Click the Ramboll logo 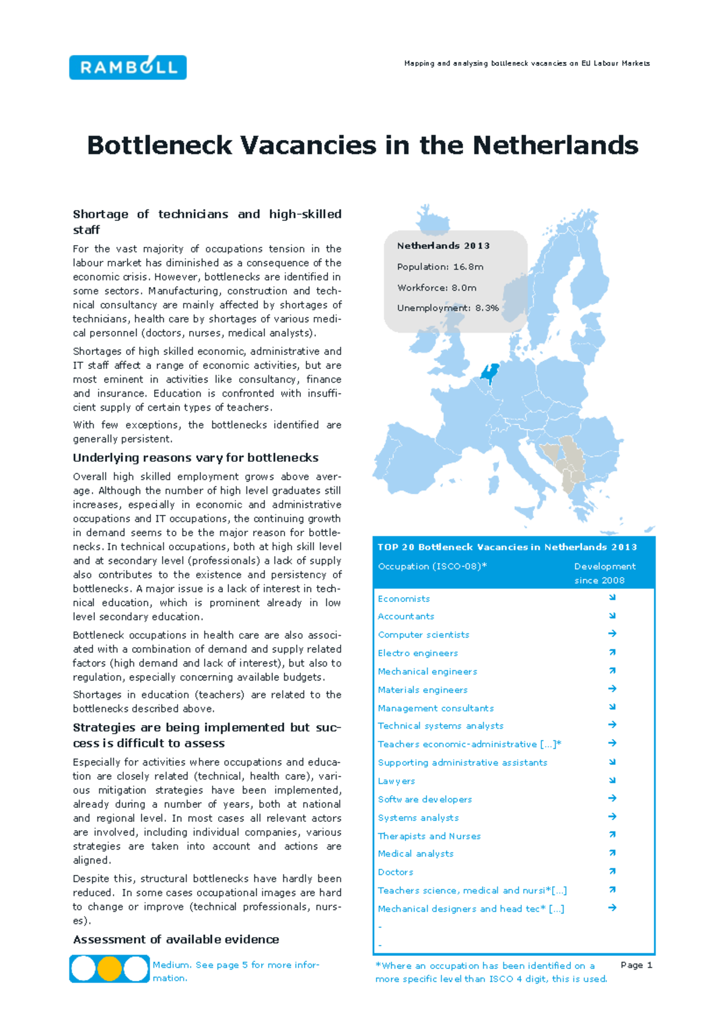pyautogui.click(x=127, y=67)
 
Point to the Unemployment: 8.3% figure pyautogui.click(x=448, y=308)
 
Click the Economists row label pyautogui.click(x=404, y=599)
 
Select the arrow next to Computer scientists pyautogui.click(x=612, y=634)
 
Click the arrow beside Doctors pyautogui.click(x=612, y=871)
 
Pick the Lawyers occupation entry pyautogui.click(x=396, y=781)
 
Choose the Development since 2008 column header pyautogui.click(x=604, y=573)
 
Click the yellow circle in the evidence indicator pyautogui.click(x=109, y=968)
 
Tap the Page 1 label pyautogui.click(x=636, y=965)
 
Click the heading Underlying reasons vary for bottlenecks pyautogui.click(x=196, y=458)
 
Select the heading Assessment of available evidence pyautogui.click(x=176, y=939)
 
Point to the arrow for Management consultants pyautogui.click(x=612, y=706)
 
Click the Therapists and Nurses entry pyautogui.click(x=429, y=836)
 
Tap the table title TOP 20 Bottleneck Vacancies pyautogui.click(x=507, y=547)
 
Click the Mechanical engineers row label pyautogui.click(x=427, y=671)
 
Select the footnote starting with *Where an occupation pyautogui.click(x=491, y=972)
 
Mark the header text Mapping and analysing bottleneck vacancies pyautogui.click(x=527, y=63)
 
